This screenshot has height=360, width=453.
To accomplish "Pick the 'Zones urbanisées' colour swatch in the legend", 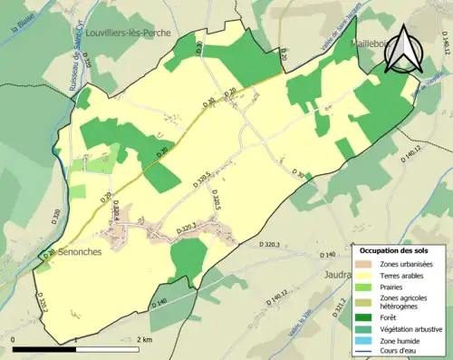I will tap(367, 264).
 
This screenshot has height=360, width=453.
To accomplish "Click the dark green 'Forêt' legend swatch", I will tap(367, 318).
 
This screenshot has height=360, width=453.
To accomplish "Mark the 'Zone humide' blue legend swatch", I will tap(367, 338).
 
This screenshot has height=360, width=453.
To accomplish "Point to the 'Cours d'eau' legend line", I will tap(367, 349).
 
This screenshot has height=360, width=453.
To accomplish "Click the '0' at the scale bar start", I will tap(14, 339).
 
